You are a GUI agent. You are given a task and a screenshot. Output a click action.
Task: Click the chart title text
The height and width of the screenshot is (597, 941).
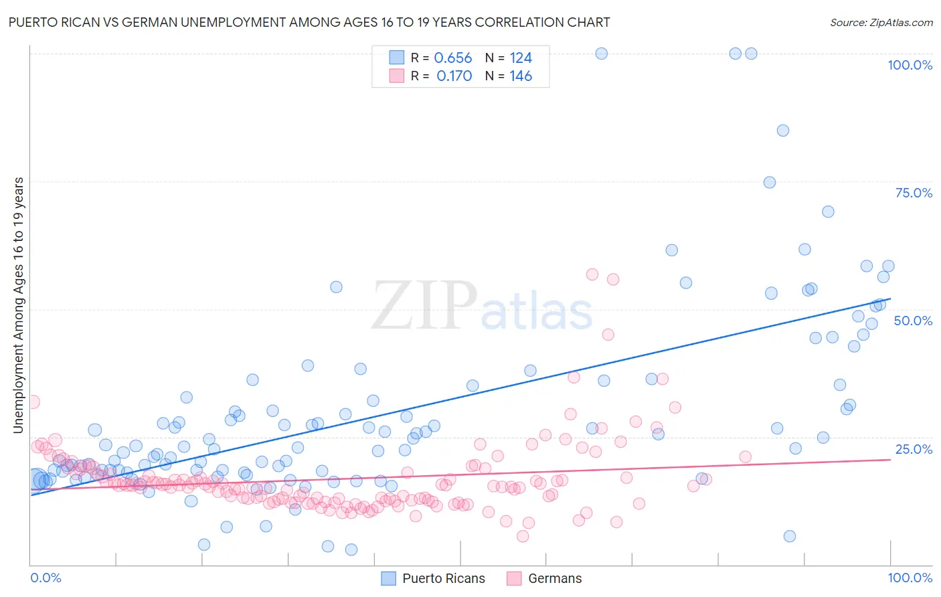pos(309,22)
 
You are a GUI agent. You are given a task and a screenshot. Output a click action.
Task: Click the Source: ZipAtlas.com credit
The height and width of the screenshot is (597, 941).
pos(881,22)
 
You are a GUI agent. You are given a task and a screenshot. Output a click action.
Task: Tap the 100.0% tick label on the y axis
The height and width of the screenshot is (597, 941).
pos(910,65)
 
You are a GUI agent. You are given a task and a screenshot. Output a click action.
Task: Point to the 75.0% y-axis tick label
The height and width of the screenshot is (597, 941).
pos(914,193)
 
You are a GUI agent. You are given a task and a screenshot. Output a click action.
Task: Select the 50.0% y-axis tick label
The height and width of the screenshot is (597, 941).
pos(913,321)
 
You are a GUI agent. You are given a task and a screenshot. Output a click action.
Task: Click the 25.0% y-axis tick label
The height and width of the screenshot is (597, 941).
pos(914,448)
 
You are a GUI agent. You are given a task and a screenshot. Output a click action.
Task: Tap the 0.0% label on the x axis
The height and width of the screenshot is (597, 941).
pos(46,578)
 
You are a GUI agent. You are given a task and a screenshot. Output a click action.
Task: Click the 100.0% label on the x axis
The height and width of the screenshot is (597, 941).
pos(910,578)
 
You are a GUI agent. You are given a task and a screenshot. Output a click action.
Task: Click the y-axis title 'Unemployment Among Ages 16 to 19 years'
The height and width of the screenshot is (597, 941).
pos(19,305)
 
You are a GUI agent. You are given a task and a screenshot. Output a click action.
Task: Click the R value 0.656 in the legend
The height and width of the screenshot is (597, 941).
pos(453,58)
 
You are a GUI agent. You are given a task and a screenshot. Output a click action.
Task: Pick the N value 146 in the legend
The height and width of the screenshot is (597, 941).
pos(521,76)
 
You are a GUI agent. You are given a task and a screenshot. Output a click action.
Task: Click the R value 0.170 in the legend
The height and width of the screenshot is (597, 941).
pos(454,76)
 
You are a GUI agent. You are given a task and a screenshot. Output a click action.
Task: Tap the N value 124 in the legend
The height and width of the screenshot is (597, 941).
pos(521,58)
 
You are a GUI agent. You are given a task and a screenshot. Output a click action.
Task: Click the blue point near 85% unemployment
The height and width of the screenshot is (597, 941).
pos(782,131)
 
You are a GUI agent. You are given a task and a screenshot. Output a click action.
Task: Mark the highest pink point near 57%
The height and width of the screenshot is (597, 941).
pos(592,274)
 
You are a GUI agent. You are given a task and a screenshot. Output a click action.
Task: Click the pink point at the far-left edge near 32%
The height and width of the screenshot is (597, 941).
pos(33,402)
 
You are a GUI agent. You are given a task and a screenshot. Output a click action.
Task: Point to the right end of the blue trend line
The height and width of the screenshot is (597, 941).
pos(890,298)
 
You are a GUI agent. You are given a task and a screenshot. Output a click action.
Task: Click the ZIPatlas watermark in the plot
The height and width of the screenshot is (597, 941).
pos(482,307)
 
